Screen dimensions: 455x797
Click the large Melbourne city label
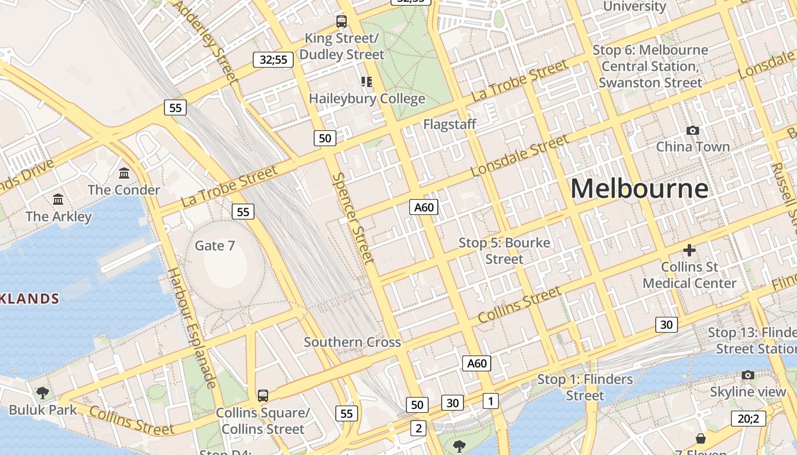[x=639, y=189]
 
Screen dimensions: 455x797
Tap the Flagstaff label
[x=450, y=124]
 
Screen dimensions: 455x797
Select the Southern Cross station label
[x=352, y=342]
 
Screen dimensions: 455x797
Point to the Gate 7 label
[x=215, y=246]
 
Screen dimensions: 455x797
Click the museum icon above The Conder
[x=124, y=172]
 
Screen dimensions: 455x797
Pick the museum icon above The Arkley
[x=58, y=199]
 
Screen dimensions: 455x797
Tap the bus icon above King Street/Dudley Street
[x=342, y=22]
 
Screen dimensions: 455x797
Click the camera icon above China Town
[x=693, y=130]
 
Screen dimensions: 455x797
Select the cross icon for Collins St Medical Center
[x=689, y=250]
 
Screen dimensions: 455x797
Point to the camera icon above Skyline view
[x=748, y=375]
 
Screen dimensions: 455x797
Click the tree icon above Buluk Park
[x=43, y=392]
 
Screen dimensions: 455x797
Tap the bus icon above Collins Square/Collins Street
[x=262, y=395]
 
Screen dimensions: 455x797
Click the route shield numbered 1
[x=491, y=400]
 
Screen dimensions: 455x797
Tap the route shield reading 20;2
[x=748, y=419]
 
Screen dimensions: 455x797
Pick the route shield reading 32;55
[x=273, y=59]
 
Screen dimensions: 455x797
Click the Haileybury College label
[x=367, y=99]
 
